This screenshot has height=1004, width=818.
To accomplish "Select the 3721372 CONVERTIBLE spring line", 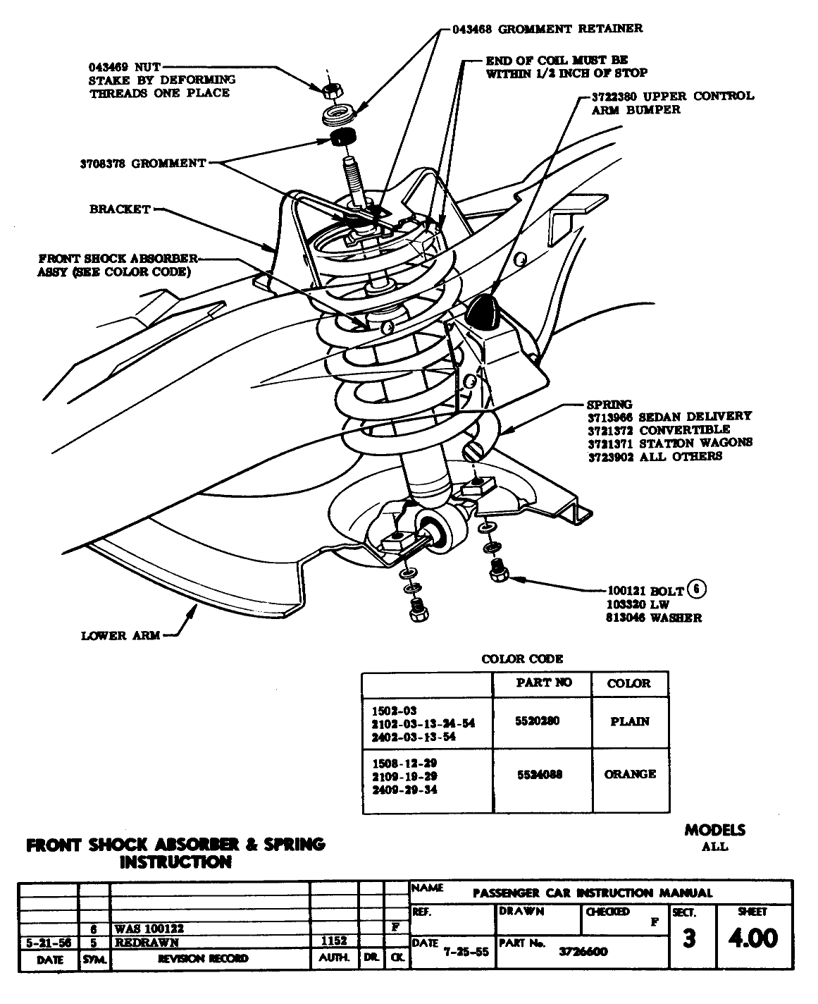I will coord(659,429).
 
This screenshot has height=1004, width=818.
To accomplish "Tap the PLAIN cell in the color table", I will coord(629,721).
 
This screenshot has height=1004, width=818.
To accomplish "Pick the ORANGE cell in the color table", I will coord(629,774).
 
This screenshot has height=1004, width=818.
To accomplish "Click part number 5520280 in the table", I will coord(540,721).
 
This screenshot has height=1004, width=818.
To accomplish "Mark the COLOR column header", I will coord(628,683).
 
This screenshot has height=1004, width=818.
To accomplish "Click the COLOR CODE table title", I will coord(522,659).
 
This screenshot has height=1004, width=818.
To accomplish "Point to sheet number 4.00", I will coord(753,938).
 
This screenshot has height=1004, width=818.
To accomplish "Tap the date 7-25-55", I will coord(466,951).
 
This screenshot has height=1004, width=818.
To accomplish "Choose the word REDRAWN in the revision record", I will coord(147,942).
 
